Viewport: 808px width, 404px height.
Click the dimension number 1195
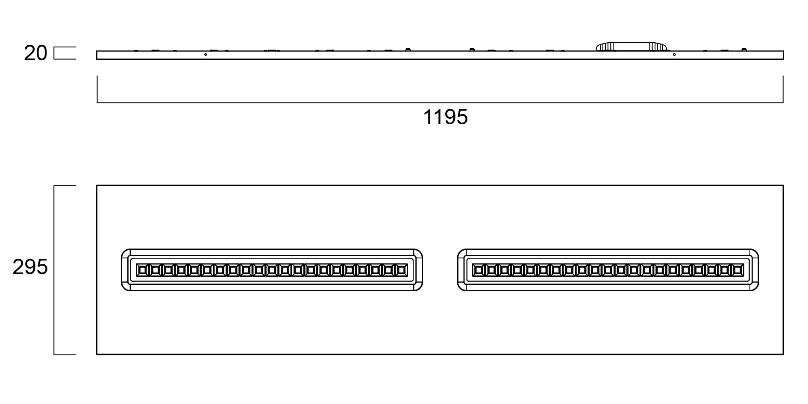[445, 117]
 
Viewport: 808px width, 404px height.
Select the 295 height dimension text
[30, 267]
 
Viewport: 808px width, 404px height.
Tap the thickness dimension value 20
[35, 53]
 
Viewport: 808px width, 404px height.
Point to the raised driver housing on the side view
[631, 47]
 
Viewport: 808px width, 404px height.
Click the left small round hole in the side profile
[206, 55]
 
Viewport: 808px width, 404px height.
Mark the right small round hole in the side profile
[674, 55]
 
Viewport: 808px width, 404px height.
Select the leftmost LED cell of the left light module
[142, 270]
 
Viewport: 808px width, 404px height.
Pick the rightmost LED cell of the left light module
[402, 270]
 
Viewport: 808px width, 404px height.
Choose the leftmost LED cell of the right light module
[479, 270]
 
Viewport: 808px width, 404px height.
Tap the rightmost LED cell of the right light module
[738, 270]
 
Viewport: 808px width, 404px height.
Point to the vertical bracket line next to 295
[54, 270]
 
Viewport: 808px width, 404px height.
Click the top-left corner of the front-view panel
[97, 186]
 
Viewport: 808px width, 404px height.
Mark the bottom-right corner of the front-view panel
[783, 354]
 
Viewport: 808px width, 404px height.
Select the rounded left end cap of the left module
[125, 270]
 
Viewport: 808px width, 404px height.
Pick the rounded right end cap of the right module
[755, 270]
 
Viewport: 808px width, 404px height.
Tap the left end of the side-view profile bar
[97, 55]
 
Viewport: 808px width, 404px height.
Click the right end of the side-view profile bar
[783, 55]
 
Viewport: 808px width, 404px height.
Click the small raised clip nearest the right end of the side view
[744, 50]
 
